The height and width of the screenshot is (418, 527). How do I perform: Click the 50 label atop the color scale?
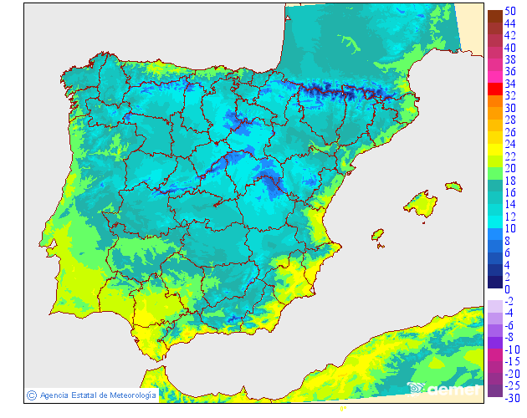(x=510, y=11)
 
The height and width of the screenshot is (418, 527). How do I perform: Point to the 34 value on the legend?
(x=510, y=84)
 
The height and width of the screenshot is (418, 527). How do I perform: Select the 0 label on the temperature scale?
(x=508, y=289)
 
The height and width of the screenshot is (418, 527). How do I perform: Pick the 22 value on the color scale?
(x=510, y=156)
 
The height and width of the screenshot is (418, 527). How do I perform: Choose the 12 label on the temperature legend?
(x=510, y=217)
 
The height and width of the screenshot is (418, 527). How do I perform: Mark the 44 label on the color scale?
(x=510, y=23)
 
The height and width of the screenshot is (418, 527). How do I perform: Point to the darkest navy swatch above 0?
(x=494, y=283)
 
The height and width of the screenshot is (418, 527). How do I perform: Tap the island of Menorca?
(x=453, y=186)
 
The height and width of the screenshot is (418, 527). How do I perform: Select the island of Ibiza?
(x=377, y=235)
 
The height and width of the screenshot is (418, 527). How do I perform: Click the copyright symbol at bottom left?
(x=31, y=395)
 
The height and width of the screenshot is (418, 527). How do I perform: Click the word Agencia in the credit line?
(x=55, y=395)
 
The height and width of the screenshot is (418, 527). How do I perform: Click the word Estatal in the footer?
(x=85, y=395)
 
